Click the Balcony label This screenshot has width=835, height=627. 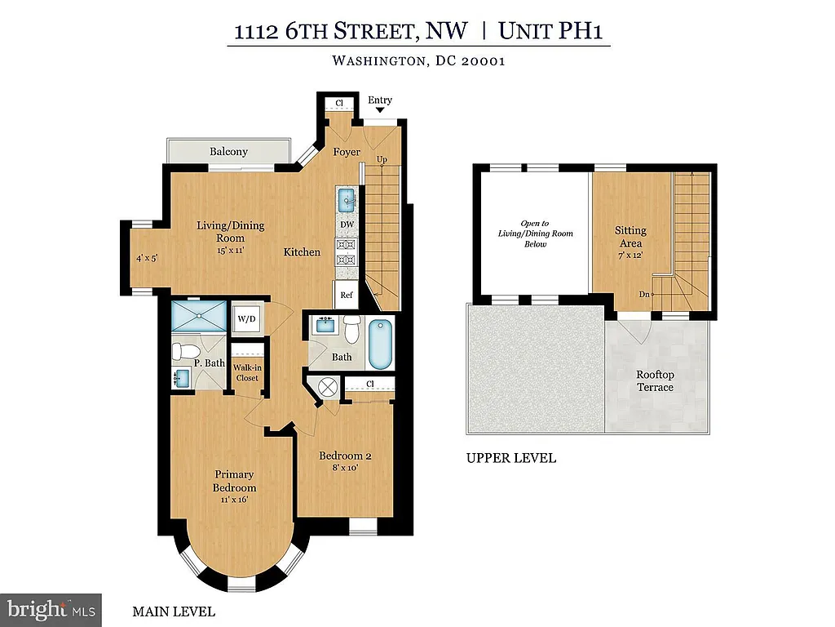[x=228, y=152]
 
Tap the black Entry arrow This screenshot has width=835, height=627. [x=379, y=110]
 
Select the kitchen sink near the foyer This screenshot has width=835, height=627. [x=346, y=198]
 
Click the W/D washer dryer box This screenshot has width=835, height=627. [x=246, y=320]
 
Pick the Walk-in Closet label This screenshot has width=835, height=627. [x=246, y=373]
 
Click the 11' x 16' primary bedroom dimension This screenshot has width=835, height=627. [x=233, y=500]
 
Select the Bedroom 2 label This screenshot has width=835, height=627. [x=345, y=456]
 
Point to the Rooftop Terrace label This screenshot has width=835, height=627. [x=656, y=381]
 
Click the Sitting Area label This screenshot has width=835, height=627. [x=630, y=237]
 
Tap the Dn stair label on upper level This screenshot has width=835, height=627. [x=643, y=295]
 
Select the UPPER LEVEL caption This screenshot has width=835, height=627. [x=511, y=458]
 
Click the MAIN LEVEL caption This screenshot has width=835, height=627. [x=174, y=611]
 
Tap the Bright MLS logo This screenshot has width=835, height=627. [x=51, y=609]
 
